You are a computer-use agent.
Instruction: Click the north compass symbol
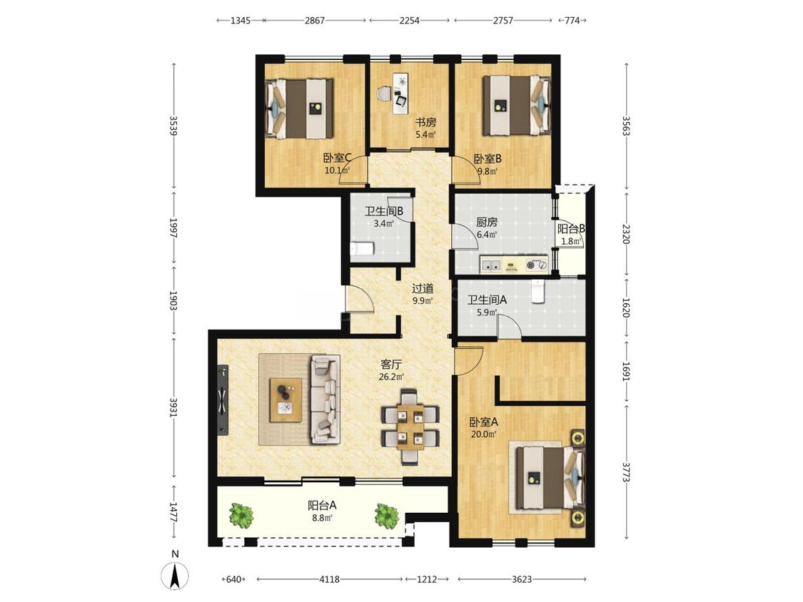point(175,575)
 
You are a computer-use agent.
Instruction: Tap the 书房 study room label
point(425,123)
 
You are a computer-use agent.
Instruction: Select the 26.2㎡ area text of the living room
point(391,377)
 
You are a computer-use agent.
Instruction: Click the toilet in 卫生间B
point(362,249)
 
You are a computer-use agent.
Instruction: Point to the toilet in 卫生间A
point(537,292)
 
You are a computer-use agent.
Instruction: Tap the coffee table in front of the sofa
point(286,400)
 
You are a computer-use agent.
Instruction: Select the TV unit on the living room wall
point(222,400)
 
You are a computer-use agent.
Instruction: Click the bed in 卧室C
point(300,108)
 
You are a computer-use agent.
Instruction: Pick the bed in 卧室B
point(517,106)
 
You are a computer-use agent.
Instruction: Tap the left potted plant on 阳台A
point(241,516)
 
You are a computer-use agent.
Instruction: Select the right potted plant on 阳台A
point(387,516)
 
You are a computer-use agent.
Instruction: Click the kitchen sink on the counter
point(492,265)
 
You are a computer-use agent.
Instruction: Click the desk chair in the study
point(384,95)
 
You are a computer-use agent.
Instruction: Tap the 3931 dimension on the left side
point(173,407)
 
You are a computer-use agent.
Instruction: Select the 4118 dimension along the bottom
point(329,579)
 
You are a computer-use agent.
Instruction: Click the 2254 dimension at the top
point(409,21)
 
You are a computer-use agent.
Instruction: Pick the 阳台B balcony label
point(572,229)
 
